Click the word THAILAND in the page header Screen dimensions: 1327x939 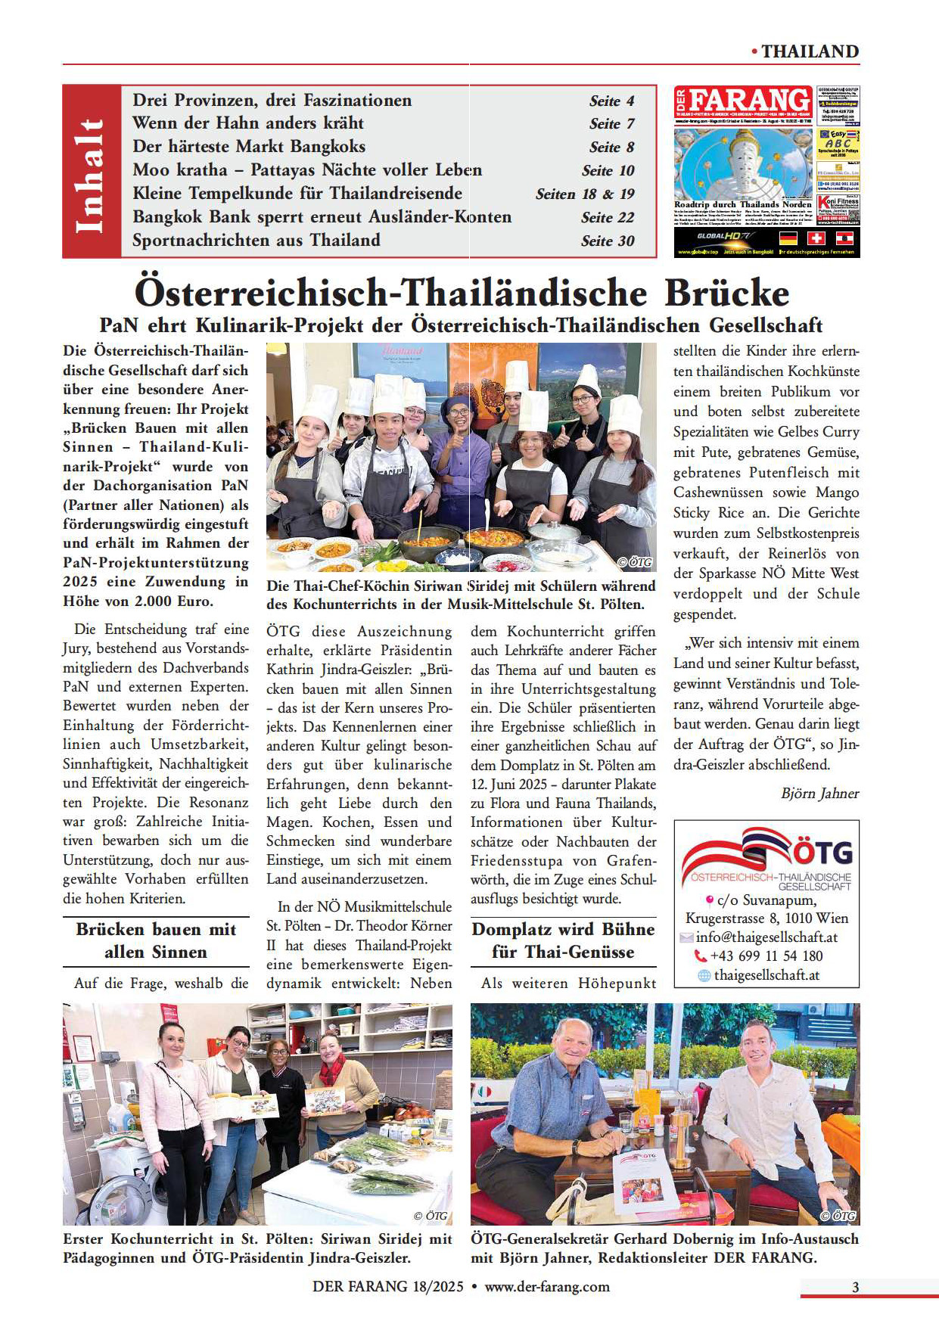coord(810,51)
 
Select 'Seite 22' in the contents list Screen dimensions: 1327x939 coord(608,218)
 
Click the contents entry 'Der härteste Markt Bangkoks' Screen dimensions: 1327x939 coord(249,147)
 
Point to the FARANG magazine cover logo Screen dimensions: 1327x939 coord(743,101)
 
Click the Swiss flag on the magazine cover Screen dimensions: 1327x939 coord(816,238)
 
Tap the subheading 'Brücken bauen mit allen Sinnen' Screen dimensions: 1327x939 coord(156,940)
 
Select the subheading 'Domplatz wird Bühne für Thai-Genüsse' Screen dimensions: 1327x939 coord(563,940)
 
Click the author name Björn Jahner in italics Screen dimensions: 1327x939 coord(819,794)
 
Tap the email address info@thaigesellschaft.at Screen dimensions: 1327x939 coord(766,937)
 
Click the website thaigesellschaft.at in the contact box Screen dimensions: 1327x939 coord(766,975)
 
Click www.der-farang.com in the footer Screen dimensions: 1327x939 coord(547,1287)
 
